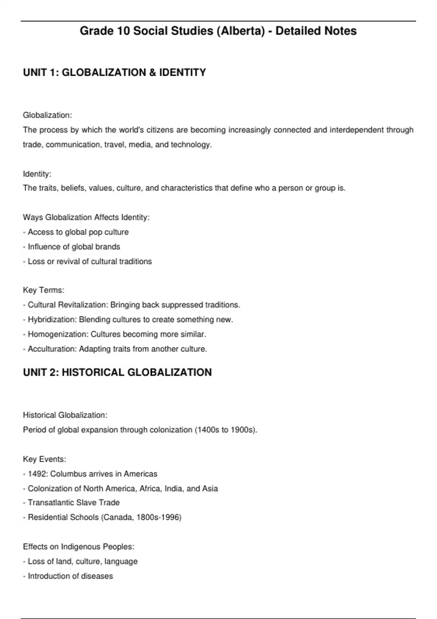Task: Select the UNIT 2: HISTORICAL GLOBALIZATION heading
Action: (117, 372)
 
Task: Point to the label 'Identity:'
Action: (37, 174)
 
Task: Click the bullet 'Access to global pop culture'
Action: (78, 232)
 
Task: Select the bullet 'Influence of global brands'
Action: (74, 247)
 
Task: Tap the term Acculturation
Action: (52, 349)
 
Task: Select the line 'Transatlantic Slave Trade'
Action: (74, 502)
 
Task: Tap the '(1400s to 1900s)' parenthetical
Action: (226, 430)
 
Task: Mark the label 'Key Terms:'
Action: (44, 290)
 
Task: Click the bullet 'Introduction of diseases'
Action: (70, 576)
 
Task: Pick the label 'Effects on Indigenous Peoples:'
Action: (79, 547)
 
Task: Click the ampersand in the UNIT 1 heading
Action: (153, 72)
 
